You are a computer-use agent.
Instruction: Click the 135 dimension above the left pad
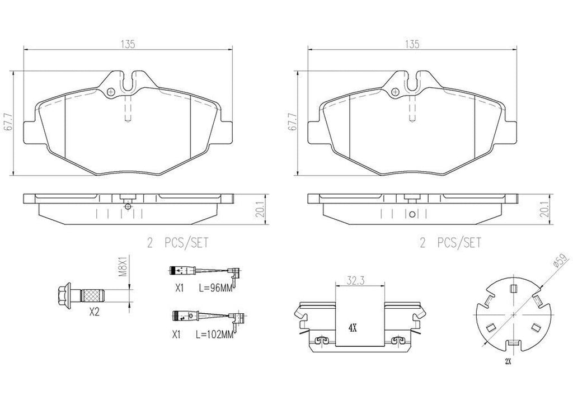point(128,45)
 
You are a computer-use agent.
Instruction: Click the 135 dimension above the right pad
point(413,45)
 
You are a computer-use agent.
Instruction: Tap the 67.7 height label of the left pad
point(8,121)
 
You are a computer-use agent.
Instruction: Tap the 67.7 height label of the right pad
point(292,121)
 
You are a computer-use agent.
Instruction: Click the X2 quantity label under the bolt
point(95,313)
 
